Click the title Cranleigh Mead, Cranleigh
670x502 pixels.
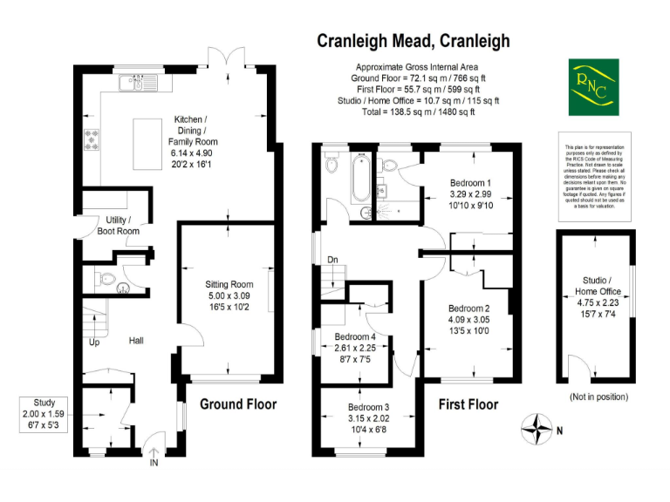tap(413, 40)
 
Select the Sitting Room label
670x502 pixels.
tap(229, 284)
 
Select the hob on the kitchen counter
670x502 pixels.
tap(91, 138)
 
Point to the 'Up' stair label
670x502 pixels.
tap(95, 343)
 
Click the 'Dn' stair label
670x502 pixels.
tap(332, 260)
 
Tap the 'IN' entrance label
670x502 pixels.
tap(155, 463)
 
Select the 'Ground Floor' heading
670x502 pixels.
tap(238, 404)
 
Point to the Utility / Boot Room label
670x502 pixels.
tap(118, 226)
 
